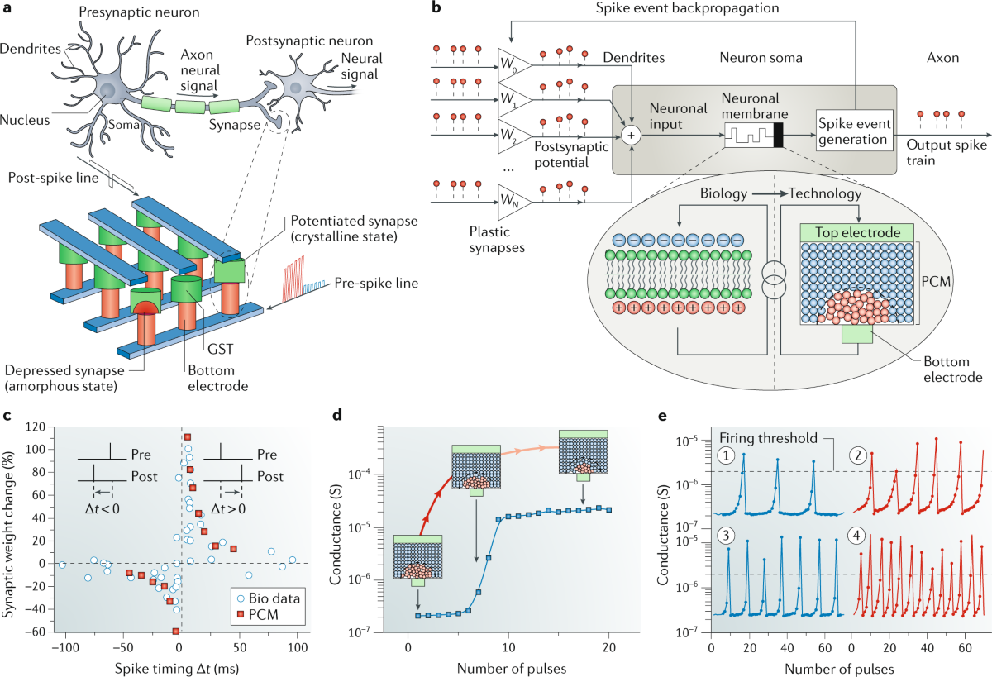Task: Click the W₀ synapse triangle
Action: click(x=511, y=61)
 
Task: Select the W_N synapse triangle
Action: click(x=511, y=199)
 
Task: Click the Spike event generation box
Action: click(x=854, y=129)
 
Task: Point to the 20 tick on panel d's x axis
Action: click(x=609, y=646)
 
